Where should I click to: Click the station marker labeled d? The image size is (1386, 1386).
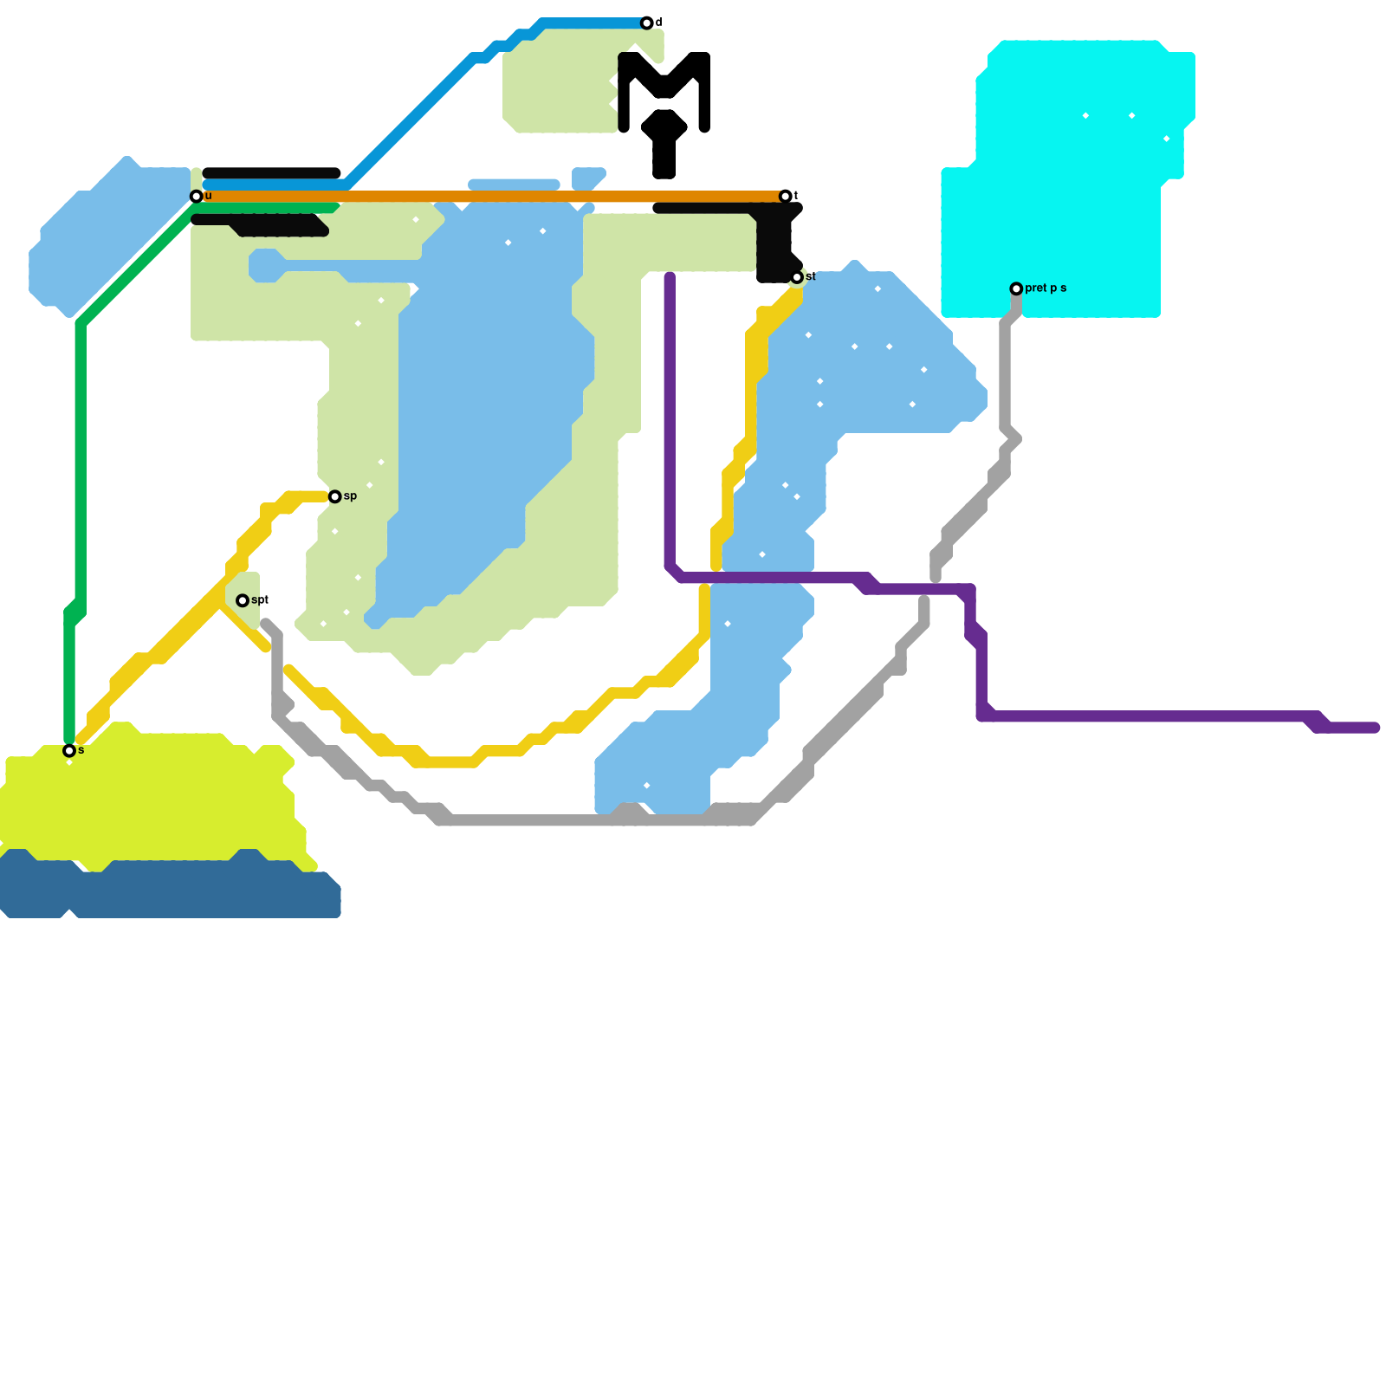646,23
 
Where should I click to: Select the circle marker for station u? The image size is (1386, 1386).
197,197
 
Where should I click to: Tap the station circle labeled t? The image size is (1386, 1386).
785,197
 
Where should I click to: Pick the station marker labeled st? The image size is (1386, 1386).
797,277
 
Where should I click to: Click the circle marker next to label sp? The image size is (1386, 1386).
334,496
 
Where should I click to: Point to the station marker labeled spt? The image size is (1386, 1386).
243,600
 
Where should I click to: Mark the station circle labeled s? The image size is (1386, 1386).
69,751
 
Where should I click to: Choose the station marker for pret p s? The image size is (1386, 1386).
1016,288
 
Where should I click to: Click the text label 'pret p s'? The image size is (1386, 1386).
1046,288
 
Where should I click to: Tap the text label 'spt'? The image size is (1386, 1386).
261,600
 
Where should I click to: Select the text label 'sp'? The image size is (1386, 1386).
350,496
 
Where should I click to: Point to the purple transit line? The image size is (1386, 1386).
1126,716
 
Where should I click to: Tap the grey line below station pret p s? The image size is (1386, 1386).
1005,372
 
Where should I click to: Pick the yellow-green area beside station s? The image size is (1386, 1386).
156,797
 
